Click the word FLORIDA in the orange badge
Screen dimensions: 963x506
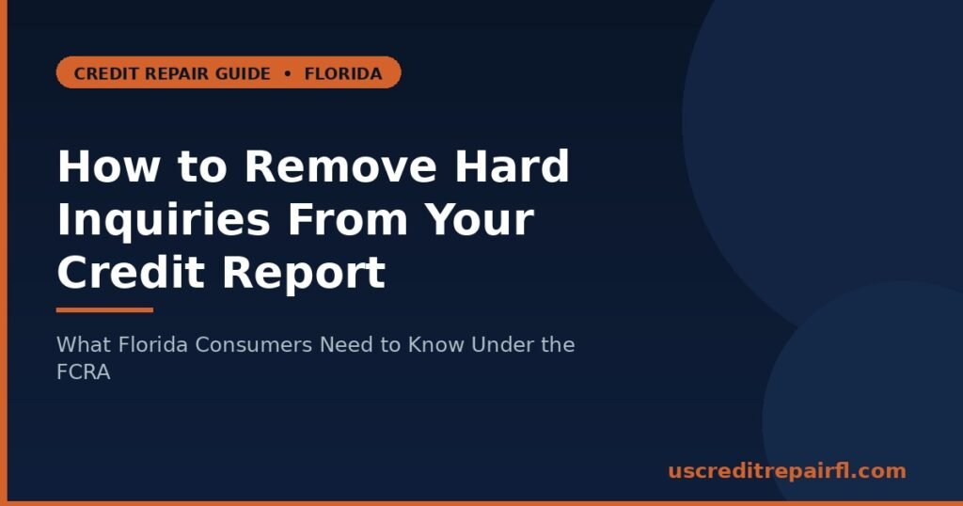[343, 73]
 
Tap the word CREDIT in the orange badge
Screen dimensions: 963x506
[102, 73]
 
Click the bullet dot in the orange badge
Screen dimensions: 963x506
[288, 73]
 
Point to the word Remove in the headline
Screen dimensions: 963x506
[340, 166]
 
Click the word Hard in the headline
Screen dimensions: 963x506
[513, 166]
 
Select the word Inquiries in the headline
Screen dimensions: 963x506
[164, 219]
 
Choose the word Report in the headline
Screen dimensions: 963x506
[304, 272]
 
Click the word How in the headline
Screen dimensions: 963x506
[109, 166]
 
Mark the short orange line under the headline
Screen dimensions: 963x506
[104, 310]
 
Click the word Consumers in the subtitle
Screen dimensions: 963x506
[254, 344]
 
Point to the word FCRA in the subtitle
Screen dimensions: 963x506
[84, 372]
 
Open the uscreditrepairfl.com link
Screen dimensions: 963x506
[787, 471]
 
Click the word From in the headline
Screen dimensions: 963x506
[348, 219]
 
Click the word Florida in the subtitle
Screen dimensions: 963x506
[152, 344]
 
